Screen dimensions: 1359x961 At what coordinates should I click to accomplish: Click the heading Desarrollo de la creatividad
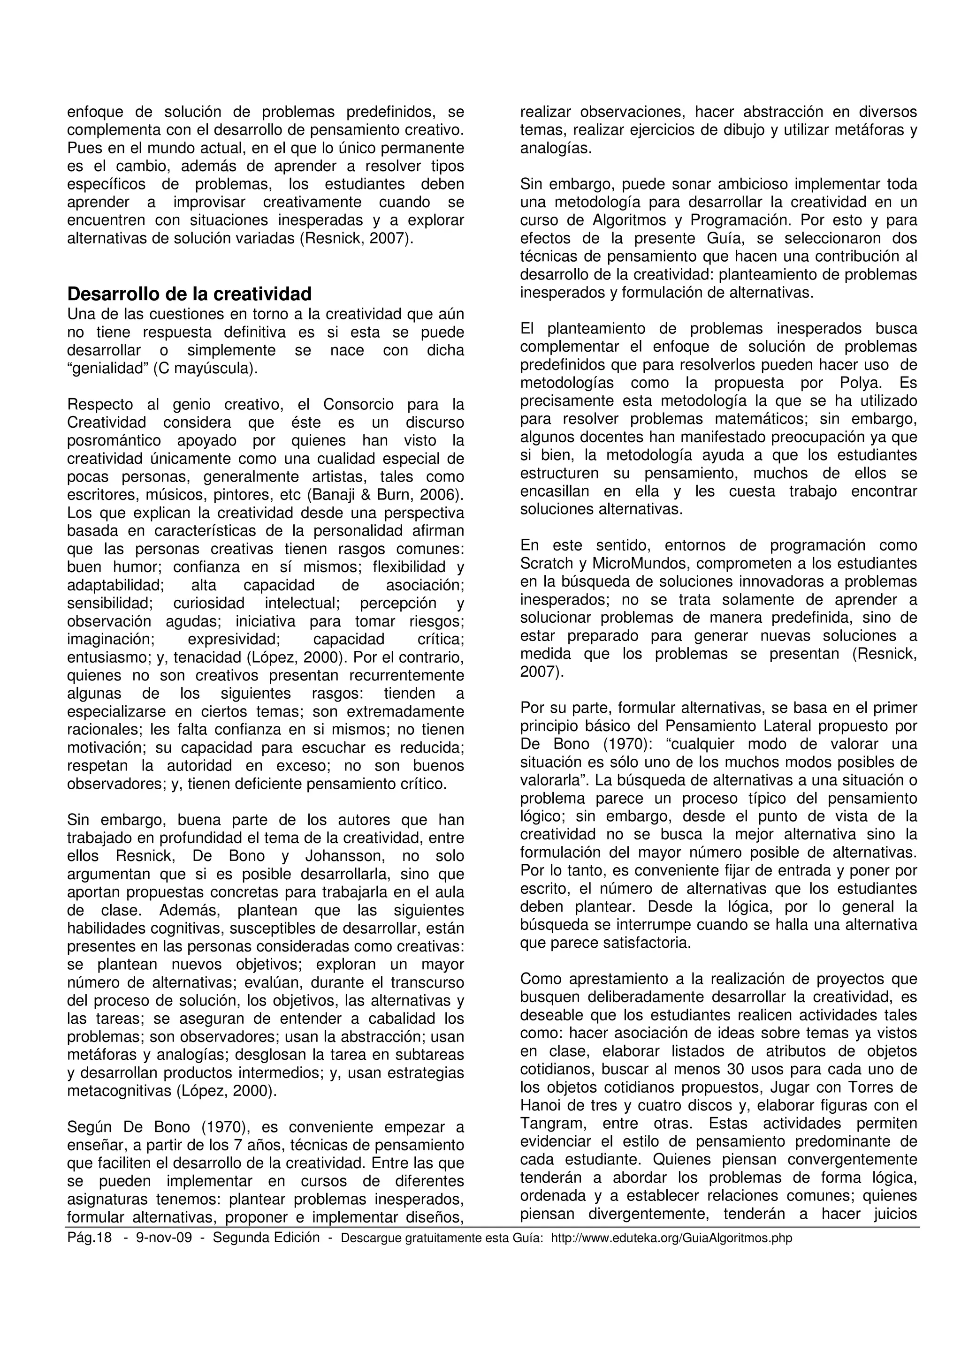pyautogui.click(x=189, y=294)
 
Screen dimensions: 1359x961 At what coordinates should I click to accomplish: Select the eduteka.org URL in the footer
pyautogui.click(x=671, y=1238)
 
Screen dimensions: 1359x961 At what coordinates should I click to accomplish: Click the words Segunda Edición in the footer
pyautogui.click(x=266, y=1238)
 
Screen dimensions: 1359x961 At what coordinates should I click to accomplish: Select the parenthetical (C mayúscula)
pyautogui.click(x=206, y=369)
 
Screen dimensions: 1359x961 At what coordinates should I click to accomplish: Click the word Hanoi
pyautogui.click(x=540, y=1105)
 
